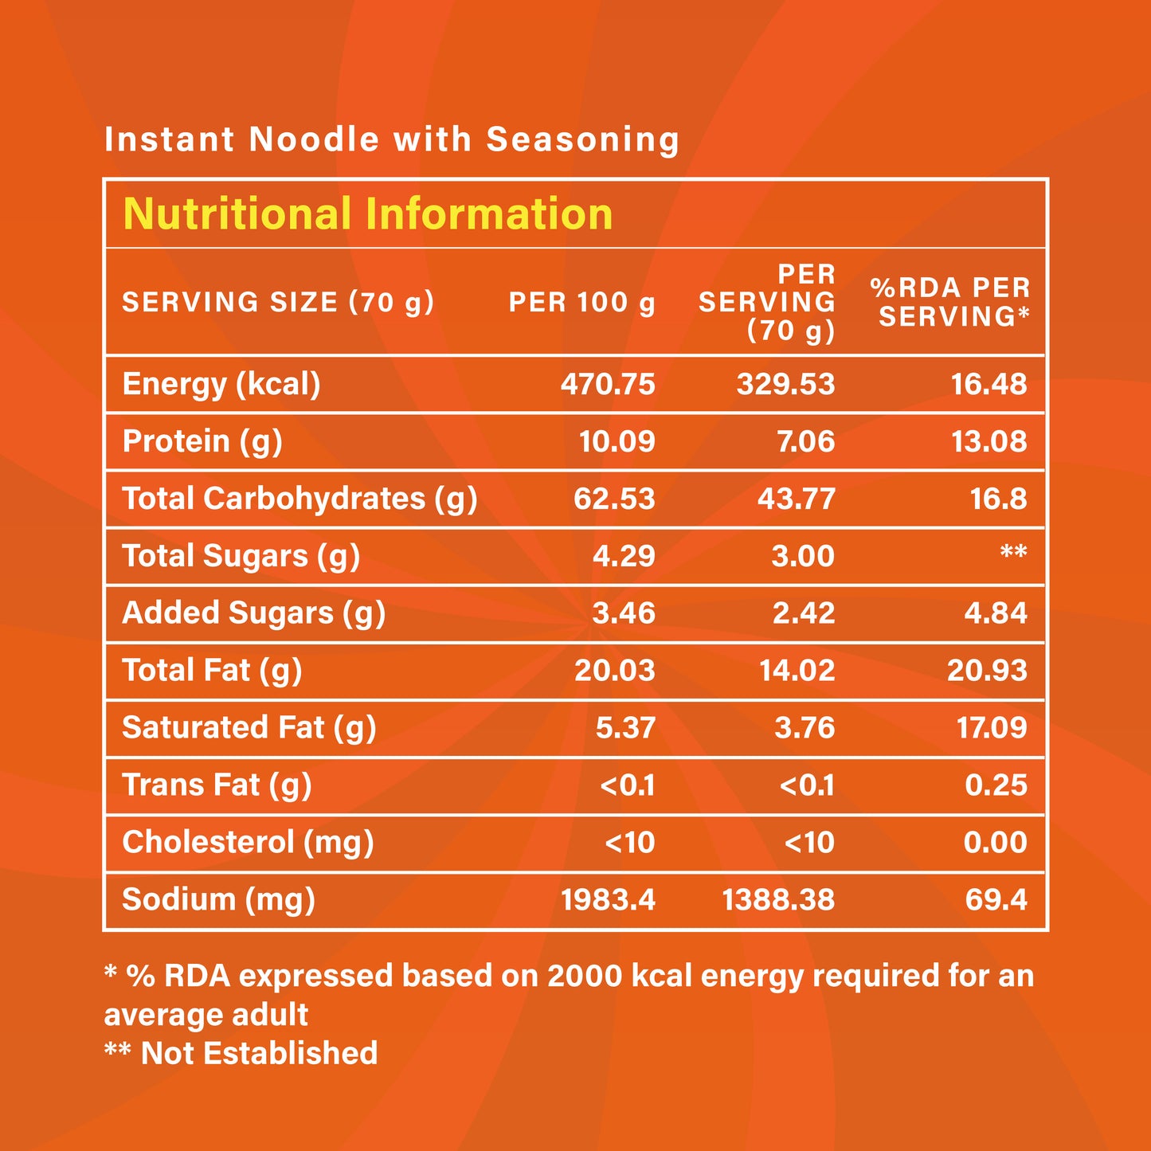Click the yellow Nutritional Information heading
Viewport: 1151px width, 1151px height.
click(367, 214)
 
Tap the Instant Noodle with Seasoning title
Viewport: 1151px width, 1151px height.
click(391, 139)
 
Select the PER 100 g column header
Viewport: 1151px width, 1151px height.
click(581, 303)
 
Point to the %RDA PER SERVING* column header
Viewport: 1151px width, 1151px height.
click(950, 302)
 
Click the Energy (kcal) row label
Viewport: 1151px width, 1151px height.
click(221, 384)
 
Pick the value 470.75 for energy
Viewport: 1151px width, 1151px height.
click(608, 384)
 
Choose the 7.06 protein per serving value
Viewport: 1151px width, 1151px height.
click(806, 441)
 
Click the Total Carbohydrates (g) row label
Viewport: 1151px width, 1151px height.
click(299, 499)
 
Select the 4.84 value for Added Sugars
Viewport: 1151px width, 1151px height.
click(996, 613)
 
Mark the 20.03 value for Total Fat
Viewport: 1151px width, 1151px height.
click(614, 671)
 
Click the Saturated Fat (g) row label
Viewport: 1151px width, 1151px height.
click(249, 728)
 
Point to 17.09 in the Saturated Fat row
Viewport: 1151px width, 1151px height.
click(992, 728)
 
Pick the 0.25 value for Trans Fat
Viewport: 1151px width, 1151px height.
click(996, 785)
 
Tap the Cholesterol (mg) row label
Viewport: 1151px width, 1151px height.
click(248, 843)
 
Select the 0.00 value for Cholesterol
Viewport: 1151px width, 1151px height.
click(995, 843)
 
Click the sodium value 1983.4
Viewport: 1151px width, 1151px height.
click(608, 900)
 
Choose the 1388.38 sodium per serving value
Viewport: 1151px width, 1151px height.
click(778, 900)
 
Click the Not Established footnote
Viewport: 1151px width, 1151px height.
click(241, 1053)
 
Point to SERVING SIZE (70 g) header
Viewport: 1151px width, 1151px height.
click(278, 303)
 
